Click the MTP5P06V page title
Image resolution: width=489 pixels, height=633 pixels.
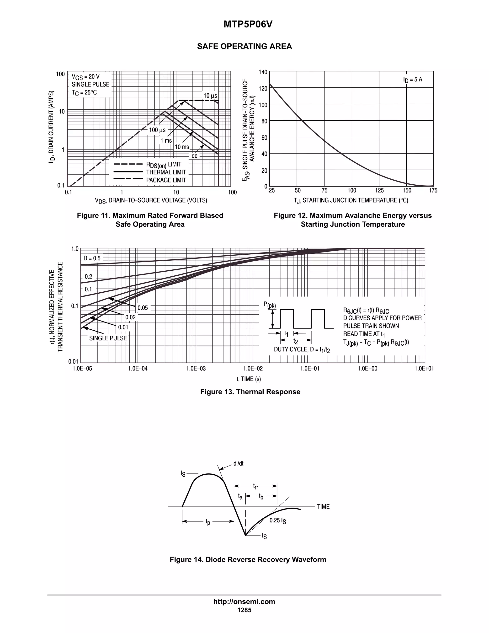click(x=248, y=25)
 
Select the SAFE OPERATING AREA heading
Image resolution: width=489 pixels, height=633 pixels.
click(x=244, y=46)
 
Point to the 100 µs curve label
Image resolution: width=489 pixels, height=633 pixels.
click(x=157, y=130)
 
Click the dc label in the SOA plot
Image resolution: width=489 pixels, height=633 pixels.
click(x=194, y=156)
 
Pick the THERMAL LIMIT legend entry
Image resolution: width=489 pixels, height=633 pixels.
click(x=166, y=172)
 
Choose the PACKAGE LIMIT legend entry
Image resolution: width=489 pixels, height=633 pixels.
click(x=166, y=180)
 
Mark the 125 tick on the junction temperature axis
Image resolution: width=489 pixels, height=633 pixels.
click(x=379, y=190)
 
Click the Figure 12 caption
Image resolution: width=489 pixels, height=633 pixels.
click(x=353, y=220)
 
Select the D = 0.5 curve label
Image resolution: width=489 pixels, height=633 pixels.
click(x=92, y=258)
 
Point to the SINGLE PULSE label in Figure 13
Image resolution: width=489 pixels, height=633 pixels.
click(x=108, y=338)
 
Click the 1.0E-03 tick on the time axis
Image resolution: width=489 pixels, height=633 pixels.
click(x=196, y=368)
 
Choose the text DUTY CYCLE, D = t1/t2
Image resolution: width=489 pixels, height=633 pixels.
click(x=302, y=349)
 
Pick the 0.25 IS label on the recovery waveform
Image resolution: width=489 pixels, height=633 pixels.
click(x=277, y=520)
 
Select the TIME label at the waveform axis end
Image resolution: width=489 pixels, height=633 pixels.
click(x=323, y=507)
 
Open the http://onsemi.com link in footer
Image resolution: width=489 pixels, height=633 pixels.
click(x=244, y=601)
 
